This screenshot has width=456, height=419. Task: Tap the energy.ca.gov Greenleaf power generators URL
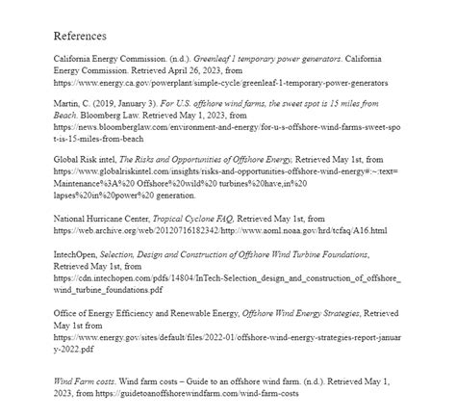[221, 84]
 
